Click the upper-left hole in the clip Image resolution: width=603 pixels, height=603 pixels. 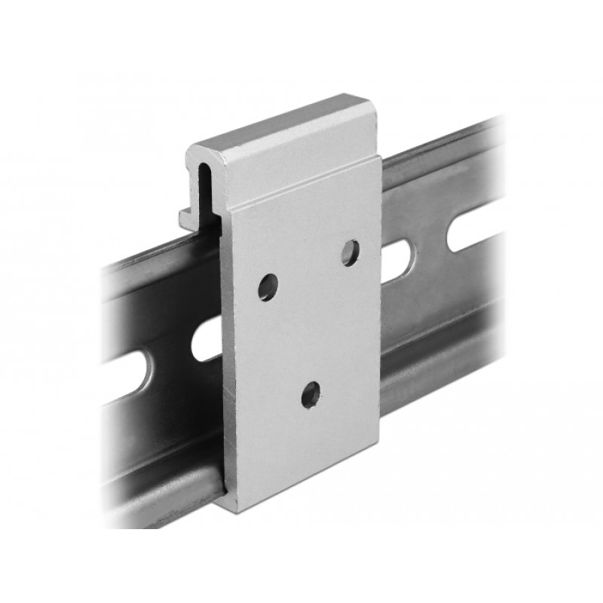pos(268,287)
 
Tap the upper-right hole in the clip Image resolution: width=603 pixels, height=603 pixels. pos(350,253)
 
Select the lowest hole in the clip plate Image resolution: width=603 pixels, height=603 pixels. pos(311,394)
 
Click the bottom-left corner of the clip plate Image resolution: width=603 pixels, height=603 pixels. pos(225,503)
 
